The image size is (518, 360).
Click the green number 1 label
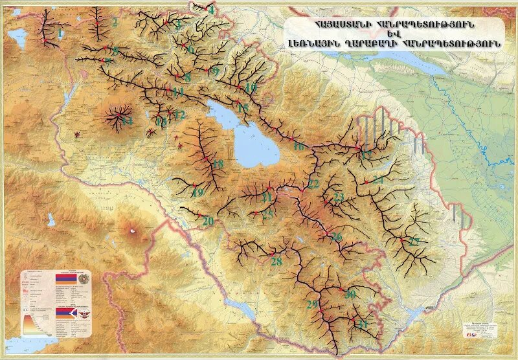(x=60, y=32)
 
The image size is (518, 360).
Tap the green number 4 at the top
(x=210, y=10)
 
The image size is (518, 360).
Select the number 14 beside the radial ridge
(x=127, y=121)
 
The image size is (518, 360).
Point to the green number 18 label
(x=218, y=164)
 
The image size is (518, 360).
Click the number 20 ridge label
(x=207, y=221)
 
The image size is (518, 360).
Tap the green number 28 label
(x=276, y=262)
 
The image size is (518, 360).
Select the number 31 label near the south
(x=363, y=323)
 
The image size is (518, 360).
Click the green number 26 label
(x=336, y=238)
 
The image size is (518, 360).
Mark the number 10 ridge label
(x=251, y=87)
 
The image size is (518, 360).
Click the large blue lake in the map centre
(x=253, y=139)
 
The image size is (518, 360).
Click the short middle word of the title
(x=395, y=34)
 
